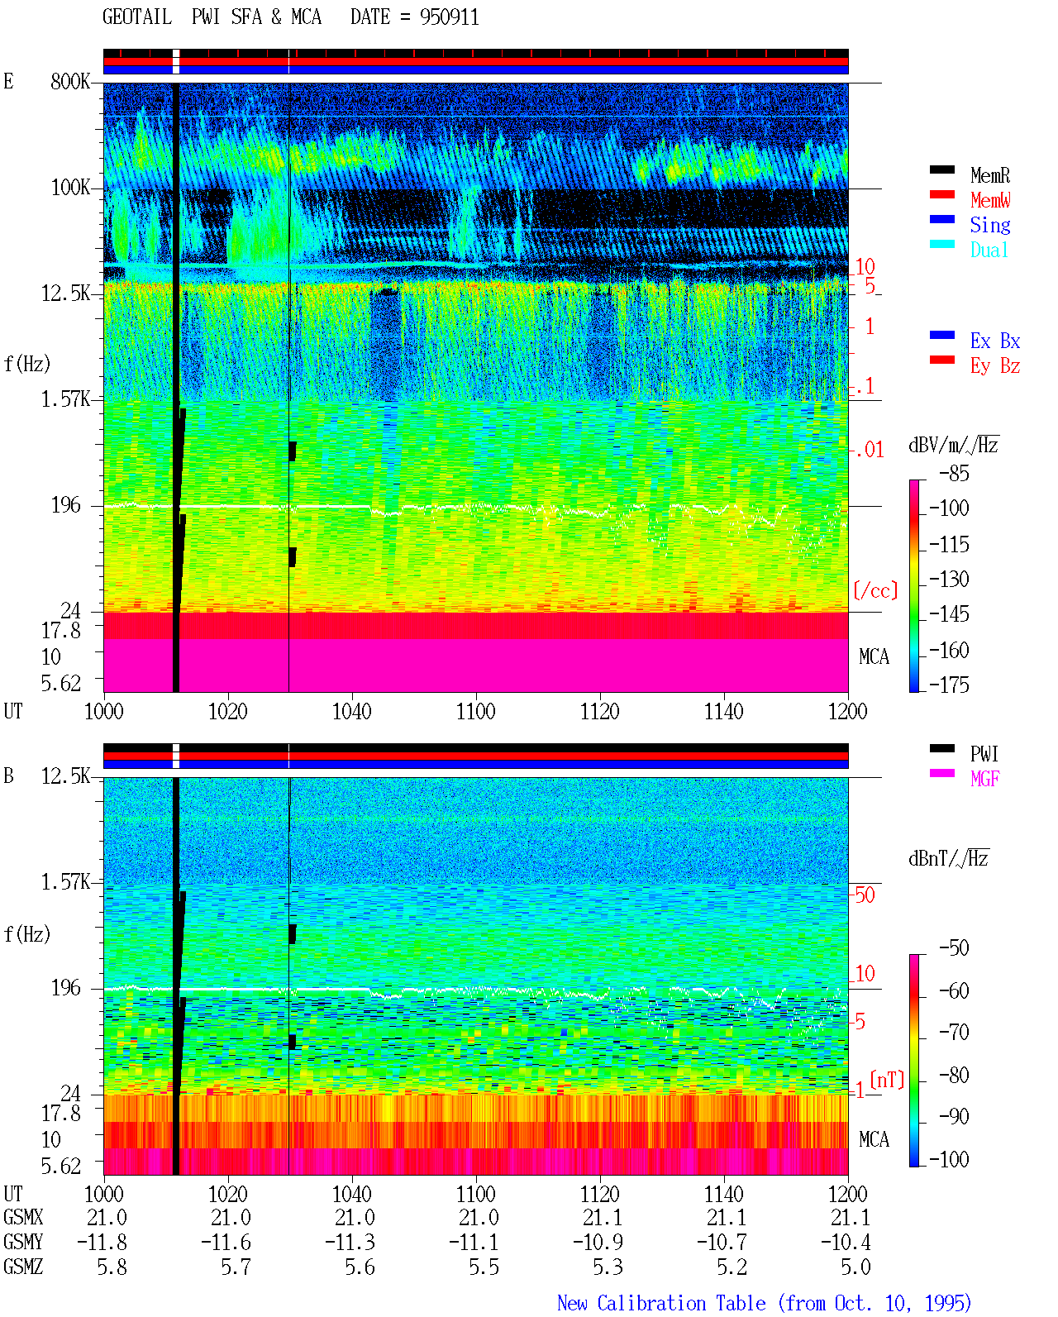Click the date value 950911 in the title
click(449, 17)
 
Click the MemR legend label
click(989, 175)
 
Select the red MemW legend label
click(989, 200)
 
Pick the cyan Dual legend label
click(989, 250)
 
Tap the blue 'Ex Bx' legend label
click(994, 341)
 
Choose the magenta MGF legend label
click(984, 779)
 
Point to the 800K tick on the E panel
click(70, 81)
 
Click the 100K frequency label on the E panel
click(70, 188)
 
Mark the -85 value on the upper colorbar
click(954, 473)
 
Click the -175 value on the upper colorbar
click(949, 685)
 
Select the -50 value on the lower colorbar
click(954, 948)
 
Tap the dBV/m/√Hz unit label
click(954, 445)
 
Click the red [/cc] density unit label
click(875, 590)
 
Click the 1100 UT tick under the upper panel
click(475, 712)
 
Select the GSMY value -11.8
click(102, 1243)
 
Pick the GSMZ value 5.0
click(855, 1267)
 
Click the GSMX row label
click(23, 1218)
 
